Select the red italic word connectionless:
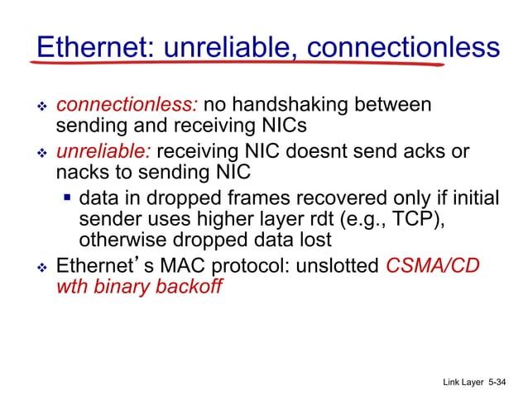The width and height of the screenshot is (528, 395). (x=127, y=106)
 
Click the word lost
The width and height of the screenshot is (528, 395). (x=315, y=240)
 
